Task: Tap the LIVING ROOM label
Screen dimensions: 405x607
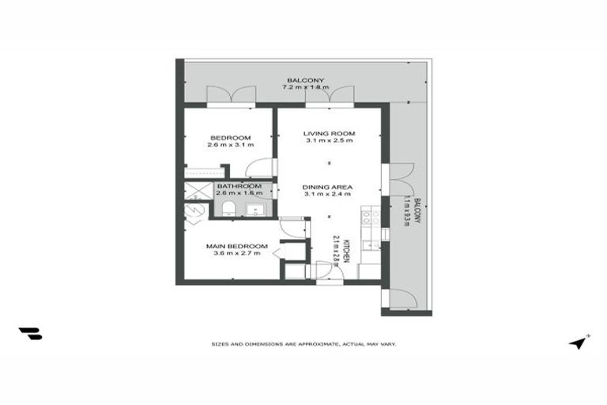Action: coord(330,133)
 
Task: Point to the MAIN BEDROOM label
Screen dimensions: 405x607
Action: coord(237,246)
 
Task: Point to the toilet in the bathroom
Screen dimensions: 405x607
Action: coord(228,208)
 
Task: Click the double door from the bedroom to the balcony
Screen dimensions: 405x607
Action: coord(230,95)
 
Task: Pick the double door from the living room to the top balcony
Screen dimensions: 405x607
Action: coord(330,95)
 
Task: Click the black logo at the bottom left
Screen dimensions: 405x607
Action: coord(30,334)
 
